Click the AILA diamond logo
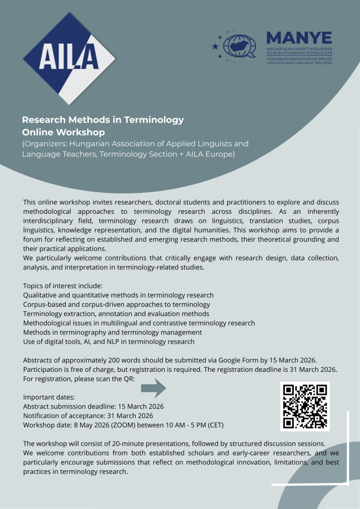pos(70,58)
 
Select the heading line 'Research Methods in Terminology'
pos(103,120)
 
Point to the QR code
pos(305,406)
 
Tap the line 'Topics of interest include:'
pos(63,286)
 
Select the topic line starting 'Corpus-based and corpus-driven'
pos(116,304)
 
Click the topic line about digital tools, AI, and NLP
pos(108,341)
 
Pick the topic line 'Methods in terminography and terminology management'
pos(112,332)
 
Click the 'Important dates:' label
pos(49,397)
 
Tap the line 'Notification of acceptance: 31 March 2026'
pos(88,416)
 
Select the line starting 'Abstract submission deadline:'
pos(93,406)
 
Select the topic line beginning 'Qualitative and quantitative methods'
pos(118,295)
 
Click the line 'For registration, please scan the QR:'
pos(78,379)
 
